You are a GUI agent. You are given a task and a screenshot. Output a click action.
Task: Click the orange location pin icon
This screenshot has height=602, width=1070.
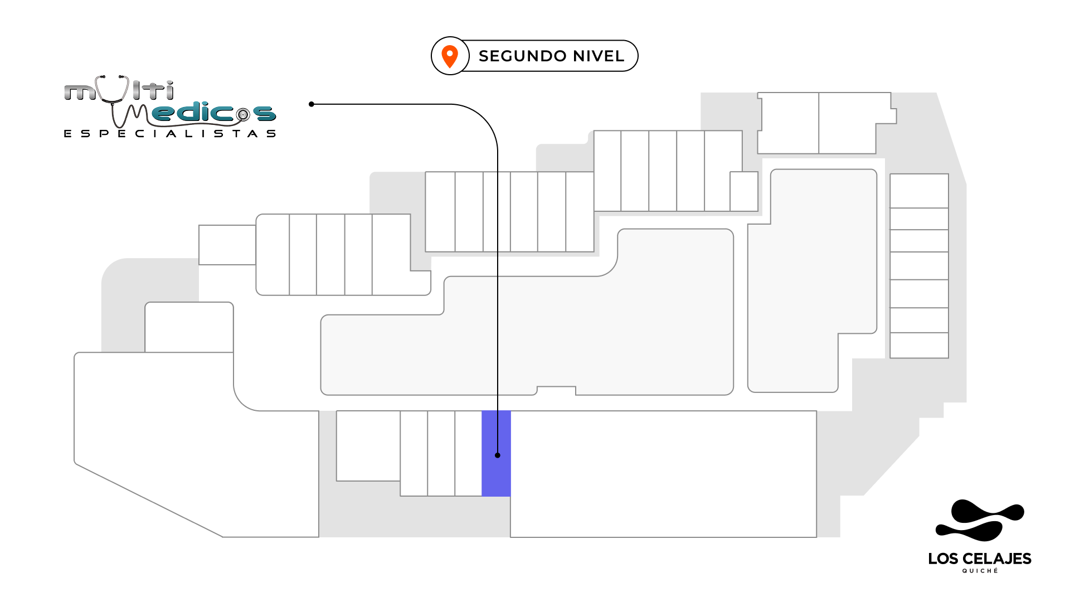point(450,56)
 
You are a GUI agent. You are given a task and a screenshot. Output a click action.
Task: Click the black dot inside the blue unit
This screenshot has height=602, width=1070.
point(498,455)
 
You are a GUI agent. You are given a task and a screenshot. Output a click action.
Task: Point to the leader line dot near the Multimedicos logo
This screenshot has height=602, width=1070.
point(312,104)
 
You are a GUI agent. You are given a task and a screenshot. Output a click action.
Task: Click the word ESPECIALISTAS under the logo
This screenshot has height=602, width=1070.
point(170,134)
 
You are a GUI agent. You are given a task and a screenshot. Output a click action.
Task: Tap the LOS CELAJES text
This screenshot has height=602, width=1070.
point(979,559)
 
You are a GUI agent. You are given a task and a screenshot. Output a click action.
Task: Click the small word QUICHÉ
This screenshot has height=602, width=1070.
point(980,571)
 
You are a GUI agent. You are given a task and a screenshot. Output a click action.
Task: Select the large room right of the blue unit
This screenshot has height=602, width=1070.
point(663,474)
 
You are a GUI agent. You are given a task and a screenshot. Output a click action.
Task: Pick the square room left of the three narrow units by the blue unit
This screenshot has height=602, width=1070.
point(368,445)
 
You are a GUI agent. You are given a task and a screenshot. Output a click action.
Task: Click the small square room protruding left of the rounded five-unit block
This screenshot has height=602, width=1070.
point(227,245)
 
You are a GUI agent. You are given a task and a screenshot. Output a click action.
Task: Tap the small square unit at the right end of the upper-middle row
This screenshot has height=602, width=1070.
point(744,191)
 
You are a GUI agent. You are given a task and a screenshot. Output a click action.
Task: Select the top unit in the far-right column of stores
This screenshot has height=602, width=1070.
point(919,191)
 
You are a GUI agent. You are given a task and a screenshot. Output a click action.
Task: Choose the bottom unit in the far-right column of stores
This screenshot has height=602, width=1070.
point(919,345)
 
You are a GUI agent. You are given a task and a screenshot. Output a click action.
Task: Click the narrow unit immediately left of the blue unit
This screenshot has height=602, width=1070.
point(468,453)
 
